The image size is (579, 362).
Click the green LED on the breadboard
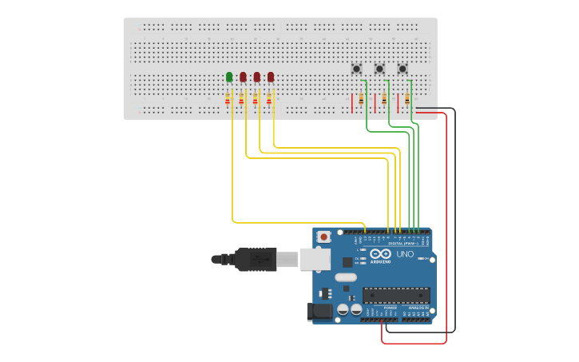(229, 77)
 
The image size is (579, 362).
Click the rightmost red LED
(271, 77)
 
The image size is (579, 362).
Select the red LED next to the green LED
(243, 77)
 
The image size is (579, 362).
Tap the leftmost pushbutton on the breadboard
(356, 69)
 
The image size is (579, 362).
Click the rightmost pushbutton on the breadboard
(403, 69)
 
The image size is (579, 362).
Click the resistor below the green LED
(228, 99)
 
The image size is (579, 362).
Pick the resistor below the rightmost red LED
(269, 99)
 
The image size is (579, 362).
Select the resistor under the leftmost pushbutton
(361, 99)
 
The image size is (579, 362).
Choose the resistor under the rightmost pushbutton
(407, 99)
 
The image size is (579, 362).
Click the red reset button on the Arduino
(323, 237)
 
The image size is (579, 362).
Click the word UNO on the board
(406, 254)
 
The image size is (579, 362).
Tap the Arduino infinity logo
(381, 253)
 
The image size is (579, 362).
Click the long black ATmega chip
(396, 295)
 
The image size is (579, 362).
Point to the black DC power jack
(321, 311)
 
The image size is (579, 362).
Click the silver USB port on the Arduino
(315, 258)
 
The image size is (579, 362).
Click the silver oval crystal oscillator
(346, 277)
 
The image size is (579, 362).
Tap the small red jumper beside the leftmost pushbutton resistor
(351, 102)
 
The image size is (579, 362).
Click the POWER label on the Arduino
(390, 307)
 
